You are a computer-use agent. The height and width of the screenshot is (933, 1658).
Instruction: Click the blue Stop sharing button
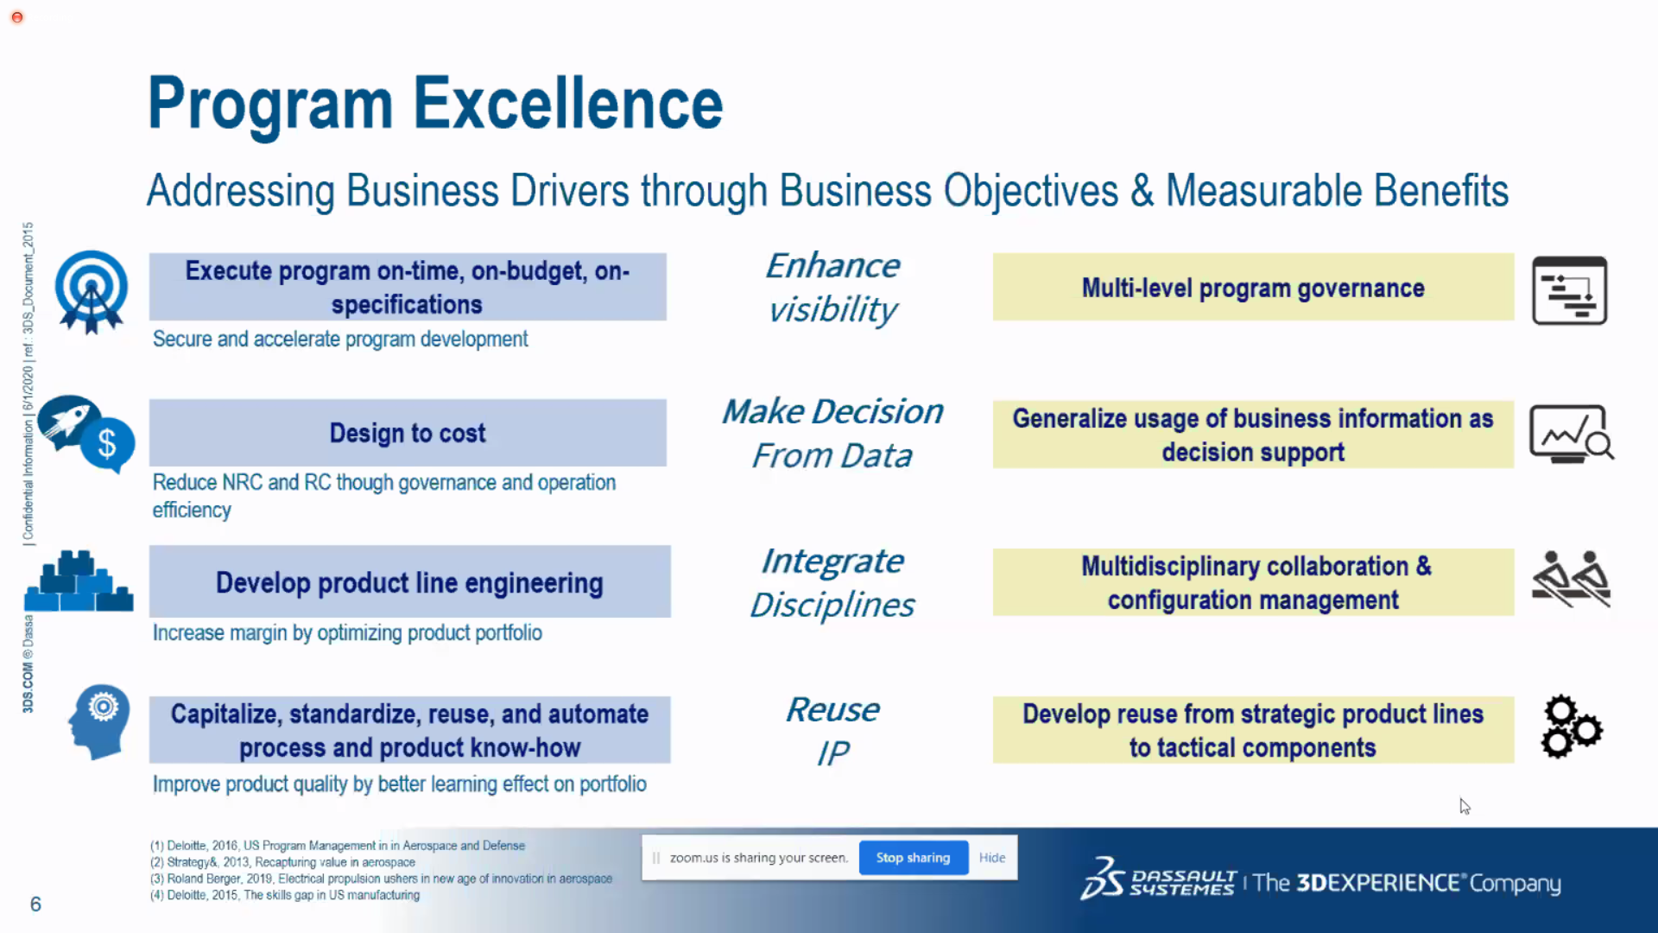[x=913, y=858]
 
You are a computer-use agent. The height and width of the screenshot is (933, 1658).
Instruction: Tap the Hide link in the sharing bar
[x=992, y=858]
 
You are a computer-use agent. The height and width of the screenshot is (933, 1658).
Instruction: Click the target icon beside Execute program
[x=91, y=291]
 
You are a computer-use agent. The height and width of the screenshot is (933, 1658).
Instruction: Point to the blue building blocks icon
[x=79, y=581]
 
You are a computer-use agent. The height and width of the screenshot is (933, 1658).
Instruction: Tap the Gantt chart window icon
[x=1569, y=290]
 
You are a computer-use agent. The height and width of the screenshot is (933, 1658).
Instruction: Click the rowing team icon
[x=1571, y=579]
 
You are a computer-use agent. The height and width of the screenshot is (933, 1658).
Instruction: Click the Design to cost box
[x=408, y=433]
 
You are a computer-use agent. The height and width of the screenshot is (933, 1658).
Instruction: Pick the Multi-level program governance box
[x=1253, y=287]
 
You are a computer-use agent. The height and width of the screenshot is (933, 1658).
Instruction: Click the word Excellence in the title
[x=567, y=104]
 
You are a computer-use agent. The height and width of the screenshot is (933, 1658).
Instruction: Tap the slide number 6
[x=35, y=904]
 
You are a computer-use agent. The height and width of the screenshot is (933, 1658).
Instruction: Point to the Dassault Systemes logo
[x=1157, y=879]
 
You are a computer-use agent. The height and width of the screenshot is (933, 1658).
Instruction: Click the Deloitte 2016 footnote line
[x=338, y=846]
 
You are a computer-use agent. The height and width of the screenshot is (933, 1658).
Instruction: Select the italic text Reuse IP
[x=832, y=731]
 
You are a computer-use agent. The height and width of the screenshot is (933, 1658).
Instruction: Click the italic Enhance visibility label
[x=832, y=288]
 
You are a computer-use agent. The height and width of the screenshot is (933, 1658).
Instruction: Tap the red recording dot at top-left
[x=17, y=17]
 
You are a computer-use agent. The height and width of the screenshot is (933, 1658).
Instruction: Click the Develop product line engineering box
[x=409, y=581]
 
